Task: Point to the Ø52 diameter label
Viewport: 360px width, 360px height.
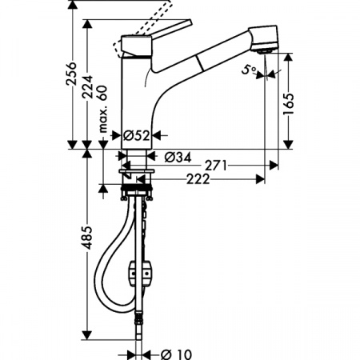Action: click(137, 135)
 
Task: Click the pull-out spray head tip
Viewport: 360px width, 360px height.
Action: click(270, 46)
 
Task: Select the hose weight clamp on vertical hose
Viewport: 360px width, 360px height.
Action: click(146, 272)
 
